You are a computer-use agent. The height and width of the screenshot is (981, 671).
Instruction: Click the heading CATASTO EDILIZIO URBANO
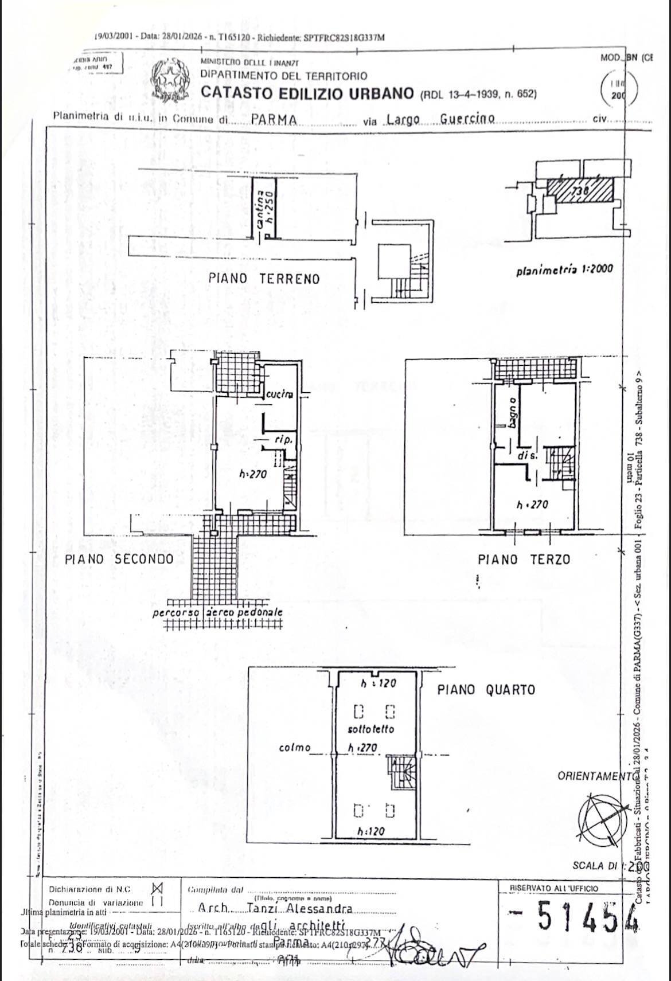pos(307,93)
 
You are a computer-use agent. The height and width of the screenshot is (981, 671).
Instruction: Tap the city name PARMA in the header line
pos(274,120)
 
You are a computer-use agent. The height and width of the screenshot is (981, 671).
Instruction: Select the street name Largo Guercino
pos(440,119)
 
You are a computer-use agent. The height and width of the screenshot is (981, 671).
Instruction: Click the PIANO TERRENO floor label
pos(264,279)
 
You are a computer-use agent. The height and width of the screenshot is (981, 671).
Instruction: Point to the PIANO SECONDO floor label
pos(119,558)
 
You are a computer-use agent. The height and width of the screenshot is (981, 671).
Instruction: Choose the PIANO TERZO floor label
pos(524,559)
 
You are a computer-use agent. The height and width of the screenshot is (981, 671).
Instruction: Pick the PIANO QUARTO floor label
pos(486,689)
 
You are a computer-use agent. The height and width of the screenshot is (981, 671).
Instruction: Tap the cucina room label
pos(280,394)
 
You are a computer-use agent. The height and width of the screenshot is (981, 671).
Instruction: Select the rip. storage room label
pos(284,440)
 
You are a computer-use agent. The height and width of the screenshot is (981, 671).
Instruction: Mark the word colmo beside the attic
pos(295,748)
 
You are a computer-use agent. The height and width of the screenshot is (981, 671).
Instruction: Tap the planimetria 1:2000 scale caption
pos(564,268)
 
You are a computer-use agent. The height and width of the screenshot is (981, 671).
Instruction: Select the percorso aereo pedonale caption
pos(218,612)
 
